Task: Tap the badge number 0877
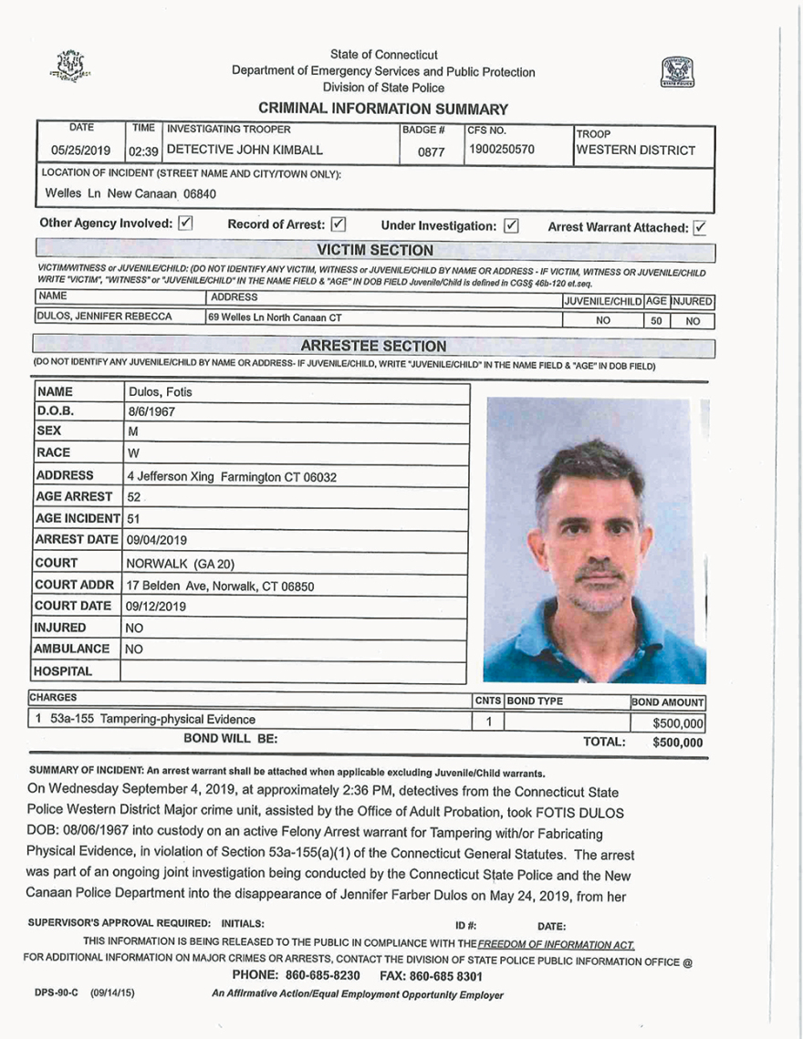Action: [x=431, y=152]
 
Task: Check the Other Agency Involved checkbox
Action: [x=185, y=223]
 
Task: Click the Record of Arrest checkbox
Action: [x=338, y=223]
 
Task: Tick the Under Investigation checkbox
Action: [x=510, y=224]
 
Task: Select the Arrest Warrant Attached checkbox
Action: [x=701, y=226]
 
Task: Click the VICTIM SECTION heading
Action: [x=374, y=250]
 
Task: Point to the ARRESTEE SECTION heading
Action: [x=373, y=346]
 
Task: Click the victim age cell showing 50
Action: [x=655, y=321]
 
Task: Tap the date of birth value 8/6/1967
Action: [x=151, y=411]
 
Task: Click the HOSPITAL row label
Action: [x=64, y=671]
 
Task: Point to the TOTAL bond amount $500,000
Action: [x=678, y=743]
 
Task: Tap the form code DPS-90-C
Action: [x=58, y=993]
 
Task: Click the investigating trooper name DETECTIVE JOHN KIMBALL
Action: [x=245, y=150]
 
